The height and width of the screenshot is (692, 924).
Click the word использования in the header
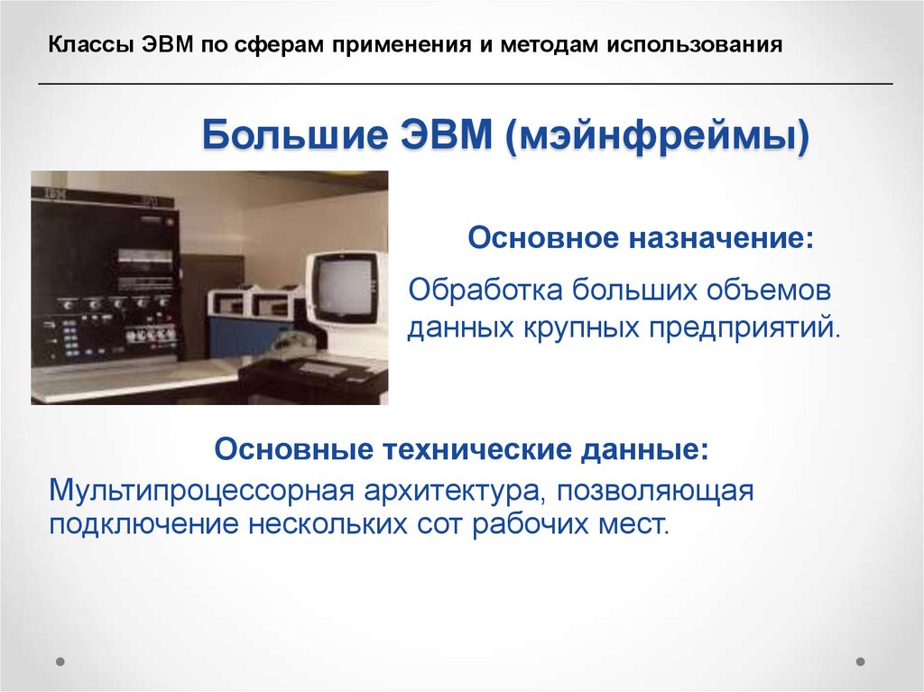tap(694, 44)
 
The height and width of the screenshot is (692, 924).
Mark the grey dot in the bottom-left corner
tap(60, 660)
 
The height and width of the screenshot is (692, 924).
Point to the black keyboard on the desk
tap(327, 368)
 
